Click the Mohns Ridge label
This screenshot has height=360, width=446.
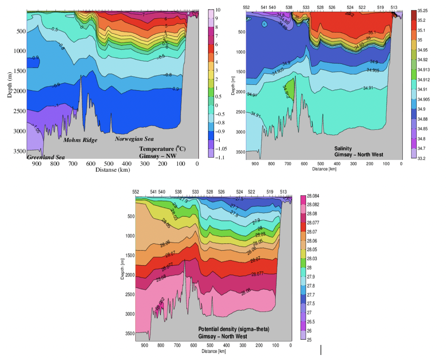click(x=80, y=140)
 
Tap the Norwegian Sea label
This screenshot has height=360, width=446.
click(x=134, y=139)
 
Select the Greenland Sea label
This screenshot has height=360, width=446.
click(x=46, y=157)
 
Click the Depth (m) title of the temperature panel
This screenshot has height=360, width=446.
click(x=10, y=85)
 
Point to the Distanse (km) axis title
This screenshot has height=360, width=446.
click(x=113, y=170)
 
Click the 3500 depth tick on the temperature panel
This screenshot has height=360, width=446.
click(x=20, y=151)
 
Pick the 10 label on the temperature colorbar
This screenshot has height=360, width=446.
click(x=218, y=10)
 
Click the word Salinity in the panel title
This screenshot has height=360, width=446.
click(x=343, y=148)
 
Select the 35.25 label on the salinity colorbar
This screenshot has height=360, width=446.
click(x=422, y=11)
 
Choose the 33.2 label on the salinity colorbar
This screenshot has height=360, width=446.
click(x=421, y=158)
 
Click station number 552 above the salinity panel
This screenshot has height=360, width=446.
click(x=246, y=7)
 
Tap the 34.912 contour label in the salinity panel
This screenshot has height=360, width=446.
click(x=286, y=92)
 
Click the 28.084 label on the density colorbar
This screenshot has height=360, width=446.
click(x=313, y=196)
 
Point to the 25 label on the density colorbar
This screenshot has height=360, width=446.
click(x=309, y=340)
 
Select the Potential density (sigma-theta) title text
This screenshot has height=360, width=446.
click(x=234, y=329)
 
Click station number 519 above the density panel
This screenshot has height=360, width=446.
click(x=270, y=192)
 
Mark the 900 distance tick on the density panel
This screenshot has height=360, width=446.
click(x=144, y=345)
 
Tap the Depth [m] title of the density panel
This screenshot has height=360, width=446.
click(x=122, y=269)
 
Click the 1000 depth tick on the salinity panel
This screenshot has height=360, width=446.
click(x=240, y=52)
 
